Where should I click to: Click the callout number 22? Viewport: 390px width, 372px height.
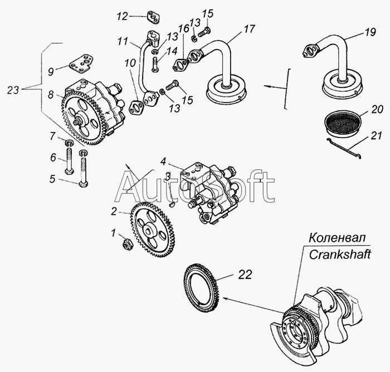245,275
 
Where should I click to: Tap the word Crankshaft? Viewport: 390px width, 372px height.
340,254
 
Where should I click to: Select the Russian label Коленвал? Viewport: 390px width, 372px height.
337,238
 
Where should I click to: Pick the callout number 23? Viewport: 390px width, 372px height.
13,90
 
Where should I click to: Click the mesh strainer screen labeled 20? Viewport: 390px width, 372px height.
342,124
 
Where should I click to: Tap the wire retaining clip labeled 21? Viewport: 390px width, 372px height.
344,148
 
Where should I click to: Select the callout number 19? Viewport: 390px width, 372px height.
370,32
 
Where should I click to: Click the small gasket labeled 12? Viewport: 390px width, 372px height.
153,17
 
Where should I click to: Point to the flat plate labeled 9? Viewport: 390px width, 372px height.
81,63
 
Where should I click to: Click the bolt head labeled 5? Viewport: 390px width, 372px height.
83,184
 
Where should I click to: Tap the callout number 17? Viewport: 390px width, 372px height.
249,28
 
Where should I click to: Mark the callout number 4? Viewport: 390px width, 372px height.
163,161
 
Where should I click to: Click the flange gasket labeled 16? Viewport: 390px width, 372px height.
181,65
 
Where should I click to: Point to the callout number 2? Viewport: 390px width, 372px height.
114,212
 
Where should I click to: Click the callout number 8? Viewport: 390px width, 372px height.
51,95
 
